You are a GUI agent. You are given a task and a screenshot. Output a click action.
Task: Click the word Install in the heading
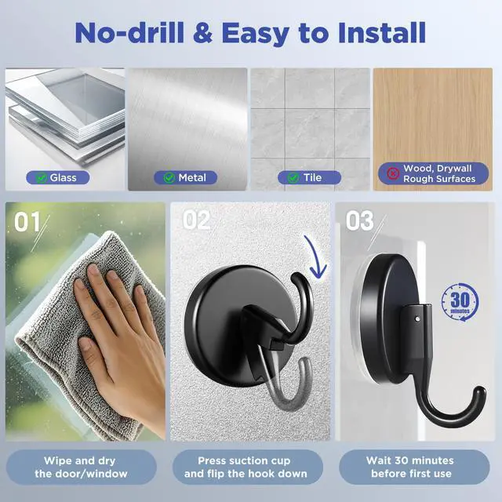(382, 32)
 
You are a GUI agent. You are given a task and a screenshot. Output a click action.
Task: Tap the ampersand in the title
(202, 33)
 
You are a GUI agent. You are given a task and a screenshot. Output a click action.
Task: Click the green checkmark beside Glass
(41, 178)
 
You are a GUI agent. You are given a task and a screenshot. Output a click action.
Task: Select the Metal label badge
(185, 178)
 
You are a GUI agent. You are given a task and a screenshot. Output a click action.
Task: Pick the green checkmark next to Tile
(293, 178)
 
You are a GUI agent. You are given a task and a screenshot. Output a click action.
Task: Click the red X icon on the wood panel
(393, 173)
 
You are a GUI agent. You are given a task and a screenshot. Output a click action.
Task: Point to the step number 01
(27, 221)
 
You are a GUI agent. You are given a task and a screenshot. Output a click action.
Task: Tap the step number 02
(196, 220)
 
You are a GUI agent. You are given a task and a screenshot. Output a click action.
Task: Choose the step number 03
(359, 220)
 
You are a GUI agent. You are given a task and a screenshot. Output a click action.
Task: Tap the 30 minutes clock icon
(460, 302)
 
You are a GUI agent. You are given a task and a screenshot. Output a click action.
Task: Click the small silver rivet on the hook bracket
(417, 318)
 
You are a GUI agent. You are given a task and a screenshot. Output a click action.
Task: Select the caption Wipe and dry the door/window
(81, 467)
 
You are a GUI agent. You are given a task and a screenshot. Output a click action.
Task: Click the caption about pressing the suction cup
(246, 467)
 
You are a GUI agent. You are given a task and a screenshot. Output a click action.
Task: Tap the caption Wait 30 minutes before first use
(410, 467)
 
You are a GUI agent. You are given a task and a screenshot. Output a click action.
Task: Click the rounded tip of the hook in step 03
(479, 392)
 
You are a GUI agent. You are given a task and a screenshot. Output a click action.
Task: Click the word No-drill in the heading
(129, 32)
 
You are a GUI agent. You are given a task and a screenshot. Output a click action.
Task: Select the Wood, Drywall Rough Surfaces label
(434, 173)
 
